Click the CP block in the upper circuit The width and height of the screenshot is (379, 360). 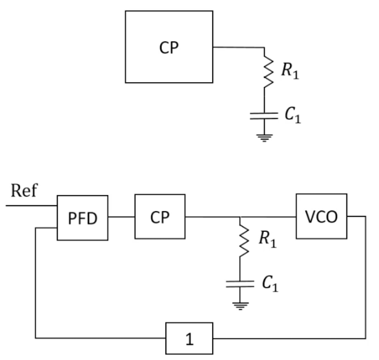tap(169, 47)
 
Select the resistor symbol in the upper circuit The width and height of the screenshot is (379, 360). tap(267, 72)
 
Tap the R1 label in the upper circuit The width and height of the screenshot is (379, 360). tap(290, 71)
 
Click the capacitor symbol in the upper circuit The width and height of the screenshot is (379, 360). tap(264, 116)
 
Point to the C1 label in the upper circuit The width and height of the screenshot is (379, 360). tap(293, 115)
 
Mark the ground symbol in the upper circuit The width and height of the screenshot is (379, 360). tap(264, 138)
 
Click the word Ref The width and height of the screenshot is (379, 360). tap(24, 190)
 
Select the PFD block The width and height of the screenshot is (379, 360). tap(83, 218)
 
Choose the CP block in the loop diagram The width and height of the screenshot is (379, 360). tap(160, 217)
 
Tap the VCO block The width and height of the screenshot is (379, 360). tap(322, 217)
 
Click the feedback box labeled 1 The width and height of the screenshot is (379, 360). tap(189, 338)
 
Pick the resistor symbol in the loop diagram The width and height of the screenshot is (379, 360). tap(243, 241)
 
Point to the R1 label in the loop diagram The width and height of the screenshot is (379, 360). tap(267, 239)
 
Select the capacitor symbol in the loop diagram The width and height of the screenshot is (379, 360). tap(240, 284)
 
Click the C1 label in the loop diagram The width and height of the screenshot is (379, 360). tap(270, 283)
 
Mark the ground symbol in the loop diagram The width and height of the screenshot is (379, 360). tap(240, 306)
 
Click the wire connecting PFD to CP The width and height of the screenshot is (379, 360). tap(121, 217)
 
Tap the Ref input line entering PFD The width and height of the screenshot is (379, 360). tap(32, 206)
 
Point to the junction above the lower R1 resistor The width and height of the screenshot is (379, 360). tap(240, 217)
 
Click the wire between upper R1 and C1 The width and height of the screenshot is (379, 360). tap(264, 100)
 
